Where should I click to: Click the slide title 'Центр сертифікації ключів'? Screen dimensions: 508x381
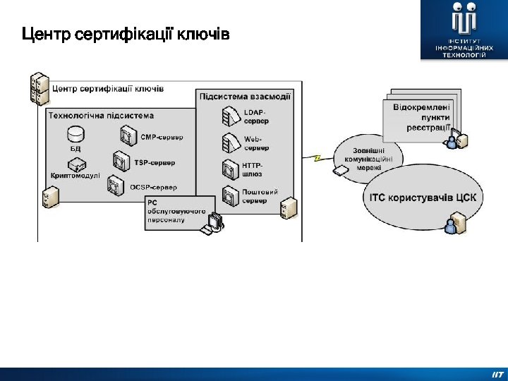126,34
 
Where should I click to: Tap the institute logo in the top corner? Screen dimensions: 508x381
464,30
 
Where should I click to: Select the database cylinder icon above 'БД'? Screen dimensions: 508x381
75,133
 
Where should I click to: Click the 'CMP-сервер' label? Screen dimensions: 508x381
162,137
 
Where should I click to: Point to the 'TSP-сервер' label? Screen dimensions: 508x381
155,162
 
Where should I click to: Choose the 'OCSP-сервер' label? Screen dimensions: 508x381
153,187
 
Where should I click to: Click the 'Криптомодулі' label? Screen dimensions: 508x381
75,176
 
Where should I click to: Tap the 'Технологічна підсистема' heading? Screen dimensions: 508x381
101,115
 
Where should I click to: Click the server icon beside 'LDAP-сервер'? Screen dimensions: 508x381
230,115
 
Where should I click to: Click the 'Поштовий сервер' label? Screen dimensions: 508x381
260,195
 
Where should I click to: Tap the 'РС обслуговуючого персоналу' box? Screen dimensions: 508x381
176,212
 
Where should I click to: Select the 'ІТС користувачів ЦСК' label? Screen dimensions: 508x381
423,197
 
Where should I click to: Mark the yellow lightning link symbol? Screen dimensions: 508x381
317,158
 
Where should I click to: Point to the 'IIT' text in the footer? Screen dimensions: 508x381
497,375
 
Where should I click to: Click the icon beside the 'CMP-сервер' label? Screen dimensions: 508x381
127,135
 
